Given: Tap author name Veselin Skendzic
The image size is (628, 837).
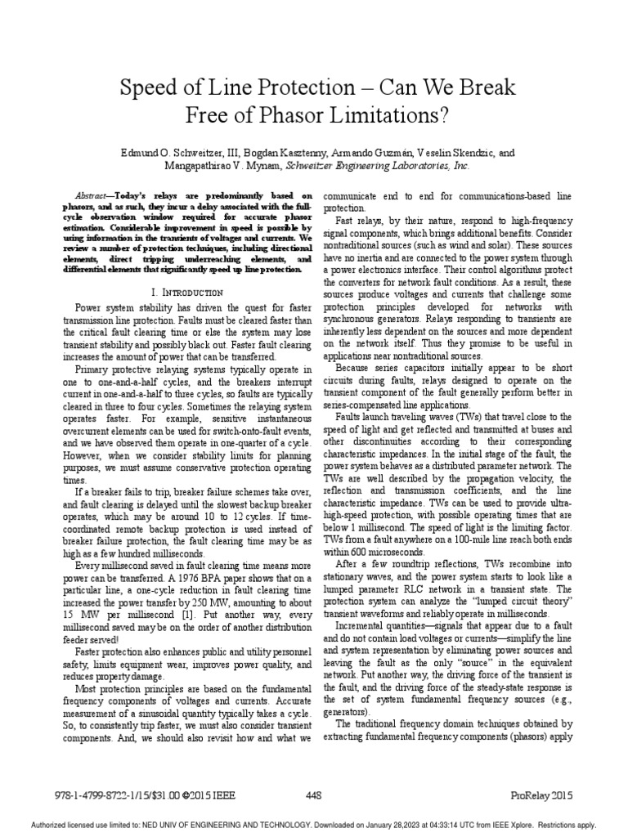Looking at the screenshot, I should (451, 153).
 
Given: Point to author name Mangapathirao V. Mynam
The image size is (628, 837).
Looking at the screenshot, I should (221, 164).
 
